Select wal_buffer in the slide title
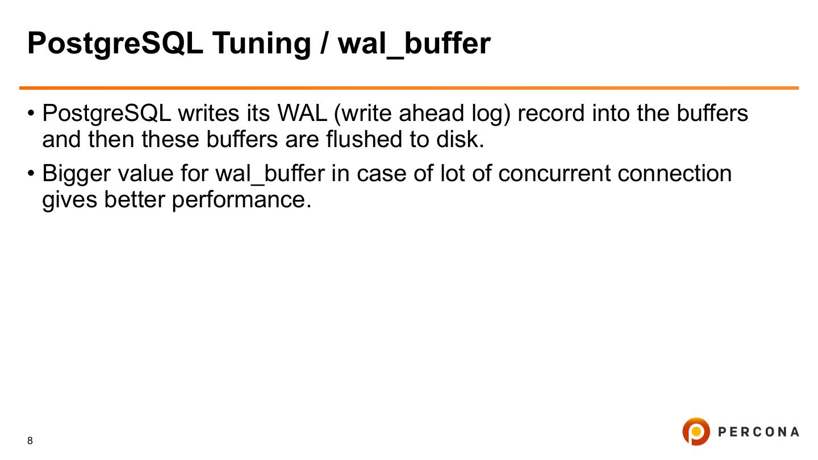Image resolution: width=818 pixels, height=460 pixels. pos(414,43)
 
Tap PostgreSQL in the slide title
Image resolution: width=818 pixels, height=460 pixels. pos(115,43)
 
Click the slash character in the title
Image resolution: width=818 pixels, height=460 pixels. pos(324,43)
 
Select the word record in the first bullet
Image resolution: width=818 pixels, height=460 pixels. pos(551,114)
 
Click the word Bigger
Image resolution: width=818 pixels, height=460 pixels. pos(76,174)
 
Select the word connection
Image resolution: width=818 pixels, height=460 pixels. pos(674,174)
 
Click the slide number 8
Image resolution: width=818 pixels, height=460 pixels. pos(30,441)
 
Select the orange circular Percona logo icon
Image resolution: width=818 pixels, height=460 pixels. pos(696,432)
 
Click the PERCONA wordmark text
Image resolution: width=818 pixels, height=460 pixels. pos(758,432)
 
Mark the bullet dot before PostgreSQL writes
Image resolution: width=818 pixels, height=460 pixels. pos(31,114)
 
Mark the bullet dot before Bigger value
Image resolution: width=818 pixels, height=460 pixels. pos(31,174)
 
